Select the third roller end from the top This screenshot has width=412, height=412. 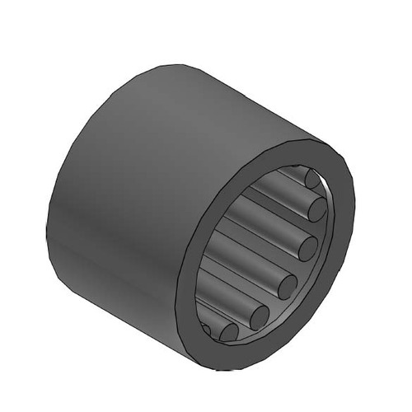coord(307,246)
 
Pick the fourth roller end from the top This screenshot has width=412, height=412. coord(287,286)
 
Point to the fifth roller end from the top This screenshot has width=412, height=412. coord(260,316)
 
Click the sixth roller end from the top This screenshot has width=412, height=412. coord(228,332)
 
